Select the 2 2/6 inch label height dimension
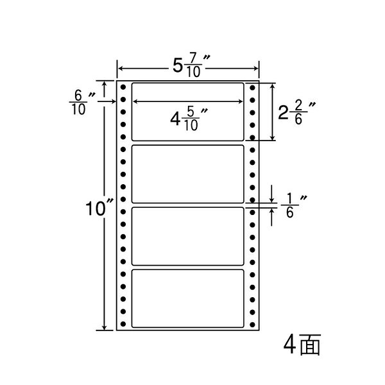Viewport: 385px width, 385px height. point(296,112)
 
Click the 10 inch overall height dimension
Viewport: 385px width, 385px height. point(99,209)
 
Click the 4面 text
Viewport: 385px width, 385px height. point(302,345)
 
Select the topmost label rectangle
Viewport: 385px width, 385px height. point(187,112)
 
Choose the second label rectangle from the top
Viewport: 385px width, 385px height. point(187,174)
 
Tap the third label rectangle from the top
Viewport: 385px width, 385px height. point(187,236)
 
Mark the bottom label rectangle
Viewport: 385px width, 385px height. point(187,298)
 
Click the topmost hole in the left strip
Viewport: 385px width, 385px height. point(123,87)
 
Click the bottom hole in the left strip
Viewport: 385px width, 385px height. point(123,324)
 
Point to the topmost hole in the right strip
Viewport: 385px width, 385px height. point(252,88)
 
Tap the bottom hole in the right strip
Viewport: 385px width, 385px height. point(252,325)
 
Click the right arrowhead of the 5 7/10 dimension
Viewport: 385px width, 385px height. point(256,69)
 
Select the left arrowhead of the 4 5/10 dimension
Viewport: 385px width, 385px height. point(135,101)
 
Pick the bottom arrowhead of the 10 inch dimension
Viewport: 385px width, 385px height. point(105,327)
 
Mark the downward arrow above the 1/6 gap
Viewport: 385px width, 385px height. point(271,194)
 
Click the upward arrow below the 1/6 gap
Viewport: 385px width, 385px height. point(271,217)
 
